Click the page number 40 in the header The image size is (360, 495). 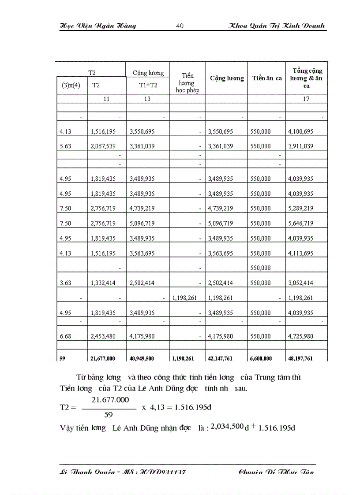pos(180,26)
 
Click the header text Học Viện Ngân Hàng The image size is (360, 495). pos(97,26)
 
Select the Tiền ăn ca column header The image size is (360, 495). pos(267,78)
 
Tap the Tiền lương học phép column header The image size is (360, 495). pos(187,83)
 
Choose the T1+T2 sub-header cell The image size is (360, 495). pos(148,86)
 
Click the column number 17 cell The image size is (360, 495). pos(306,99)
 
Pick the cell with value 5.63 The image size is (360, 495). pos(65,146)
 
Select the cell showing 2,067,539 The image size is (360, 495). pos(103,146)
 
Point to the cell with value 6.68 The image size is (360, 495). pos(65,336)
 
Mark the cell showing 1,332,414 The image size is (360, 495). pos(103,283)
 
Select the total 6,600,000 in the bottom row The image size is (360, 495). pos(261,359)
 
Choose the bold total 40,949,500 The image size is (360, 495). pos(143,359)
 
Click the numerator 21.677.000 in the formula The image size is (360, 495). pos(110,400)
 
